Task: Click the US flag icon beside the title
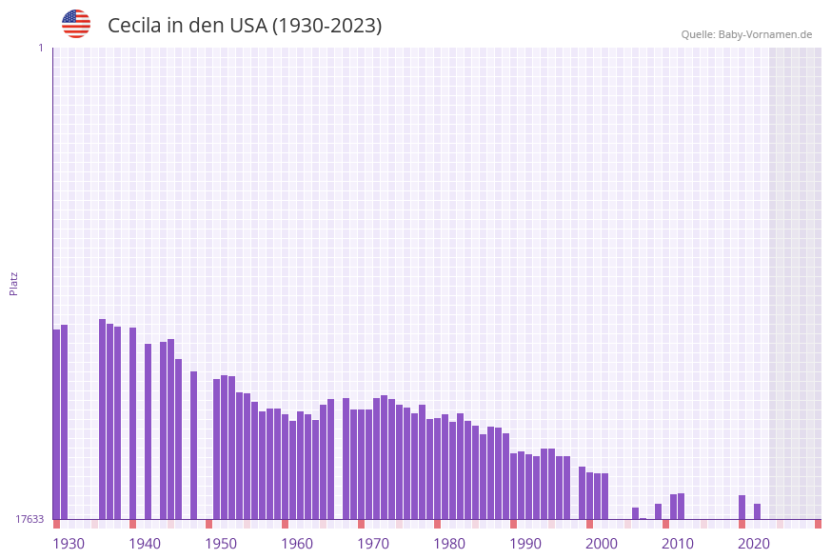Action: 76,24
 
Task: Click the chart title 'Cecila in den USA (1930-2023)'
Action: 245,26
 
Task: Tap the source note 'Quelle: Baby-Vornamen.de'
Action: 746,34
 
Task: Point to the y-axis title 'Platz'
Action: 14,283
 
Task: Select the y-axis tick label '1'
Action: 40,48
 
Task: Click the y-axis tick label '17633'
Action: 30,519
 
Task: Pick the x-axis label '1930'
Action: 69,544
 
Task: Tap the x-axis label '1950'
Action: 221,544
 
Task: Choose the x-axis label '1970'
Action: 373,544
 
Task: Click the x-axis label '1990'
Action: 525,544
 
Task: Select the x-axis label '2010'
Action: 678,544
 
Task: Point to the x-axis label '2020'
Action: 754,544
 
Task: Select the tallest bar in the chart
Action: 102,419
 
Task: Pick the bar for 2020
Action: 742,507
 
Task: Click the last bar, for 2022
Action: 757,511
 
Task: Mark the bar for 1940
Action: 132,423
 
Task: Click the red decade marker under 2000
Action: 589,524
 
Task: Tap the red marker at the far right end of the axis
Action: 818,524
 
